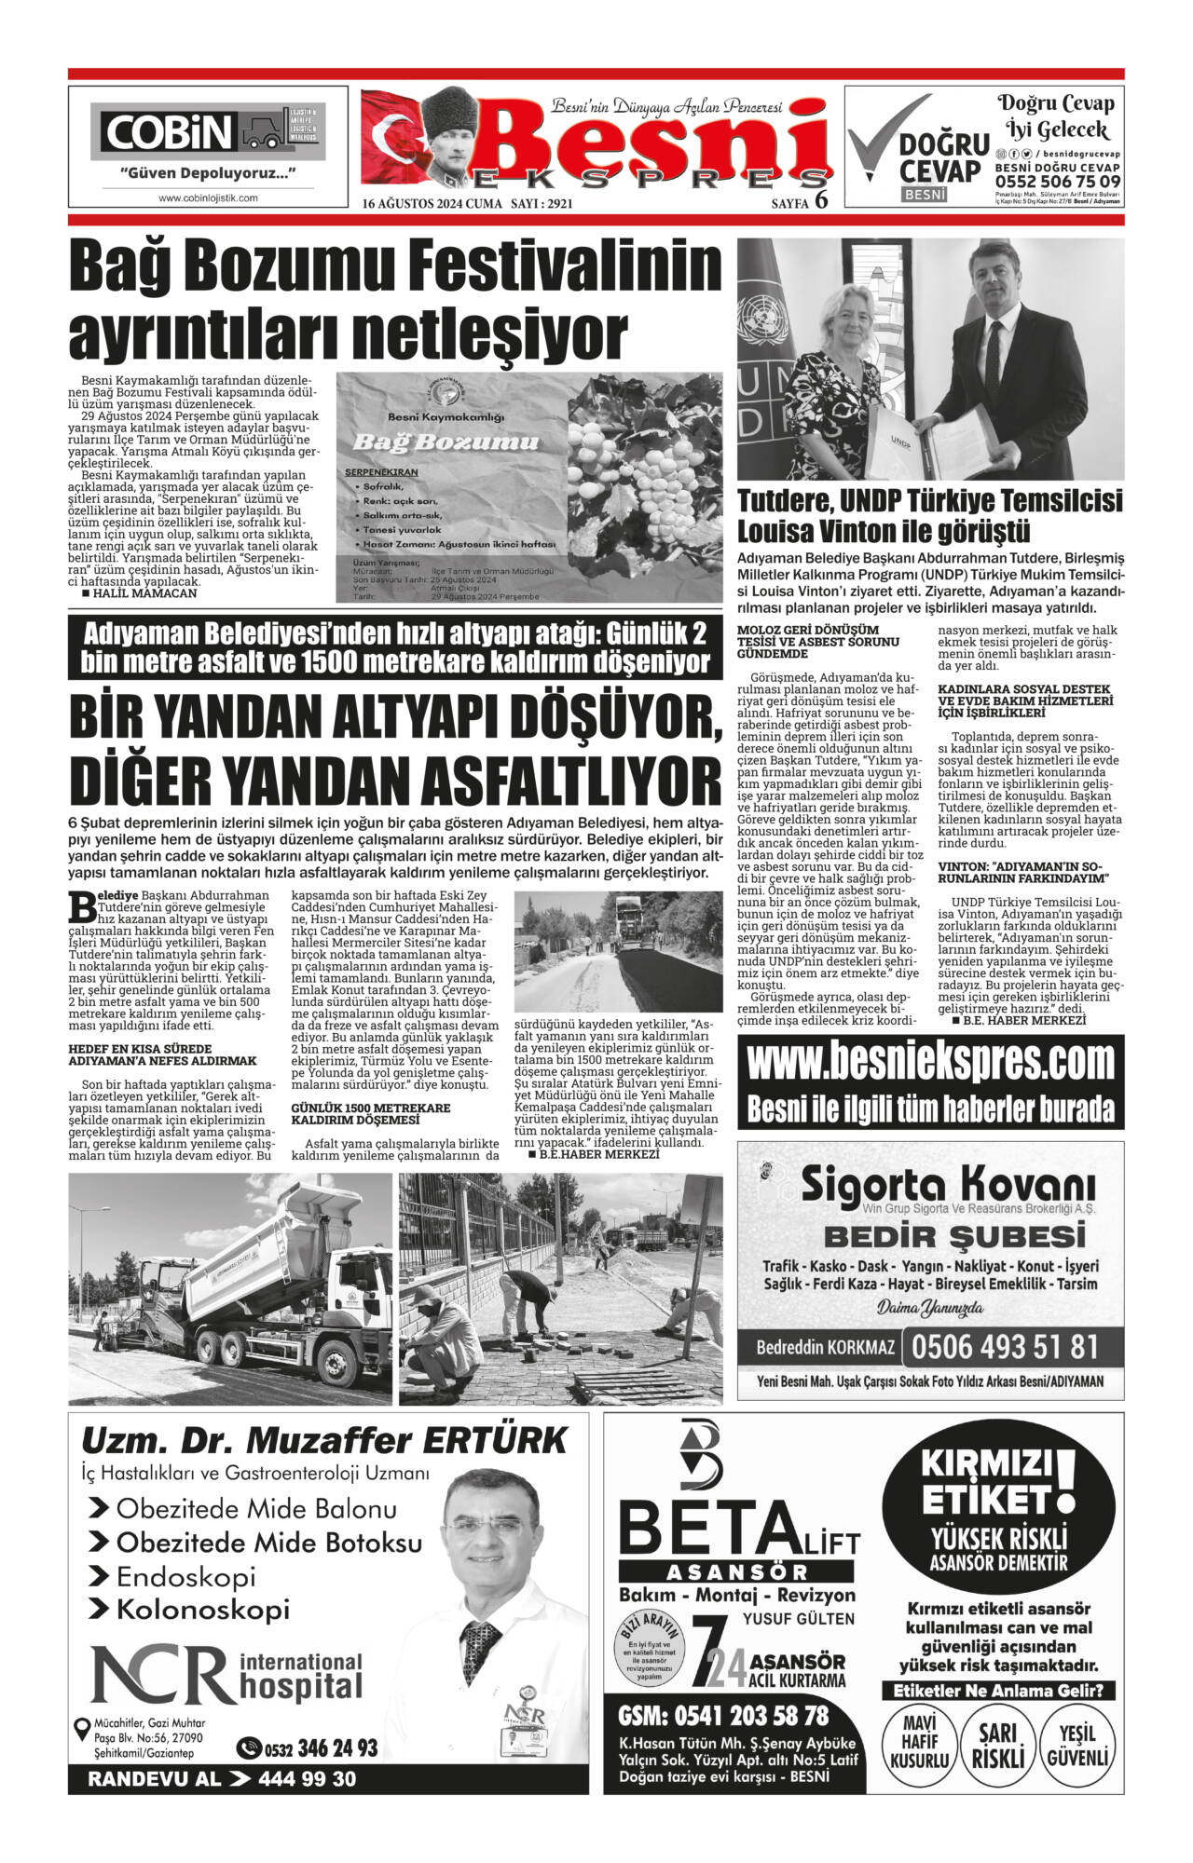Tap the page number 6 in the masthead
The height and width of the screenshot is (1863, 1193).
[821, 198]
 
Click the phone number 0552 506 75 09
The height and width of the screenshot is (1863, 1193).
[1058, 181]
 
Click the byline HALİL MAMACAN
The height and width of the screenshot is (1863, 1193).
[144, 592]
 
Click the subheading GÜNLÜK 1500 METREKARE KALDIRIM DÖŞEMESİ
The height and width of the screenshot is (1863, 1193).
[371, 1113]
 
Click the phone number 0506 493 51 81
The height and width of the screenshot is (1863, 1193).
[1005, 1347]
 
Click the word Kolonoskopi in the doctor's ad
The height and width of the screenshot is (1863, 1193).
[202, 1609]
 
